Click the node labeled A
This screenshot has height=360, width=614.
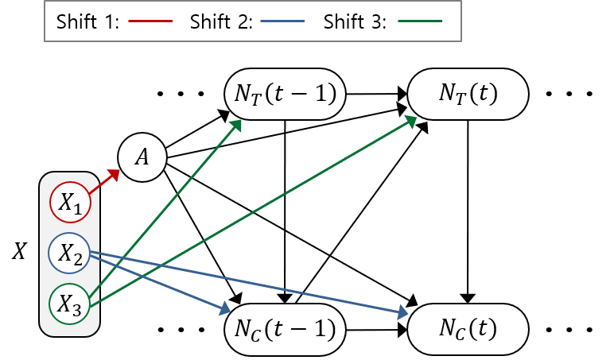tap(142, 157)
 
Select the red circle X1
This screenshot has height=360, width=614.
tap(71, 203)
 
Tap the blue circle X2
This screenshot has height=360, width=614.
tap(70, 253)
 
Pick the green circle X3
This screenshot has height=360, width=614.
tap(70, 303)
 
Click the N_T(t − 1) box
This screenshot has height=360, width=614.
tap(285, 94)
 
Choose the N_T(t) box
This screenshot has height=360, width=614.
tap(468, 94)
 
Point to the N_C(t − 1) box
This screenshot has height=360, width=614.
tap(285, 328)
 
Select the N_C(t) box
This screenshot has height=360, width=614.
tap(468, 328)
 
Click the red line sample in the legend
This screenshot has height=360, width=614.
tap(150, 21)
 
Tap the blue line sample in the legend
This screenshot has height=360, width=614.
tap(282, 21)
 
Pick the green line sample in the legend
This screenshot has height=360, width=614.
tap(420, 21)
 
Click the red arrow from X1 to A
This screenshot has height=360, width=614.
tap(103, 180)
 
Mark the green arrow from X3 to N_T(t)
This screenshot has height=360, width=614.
tap(255, 211)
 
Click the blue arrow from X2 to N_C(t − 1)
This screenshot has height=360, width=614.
tap(159, 281)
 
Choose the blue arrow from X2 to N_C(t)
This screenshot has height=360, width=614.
tap(247, 284)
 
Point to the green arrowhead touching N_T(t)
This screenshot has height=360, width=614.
tap(412, 120)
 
